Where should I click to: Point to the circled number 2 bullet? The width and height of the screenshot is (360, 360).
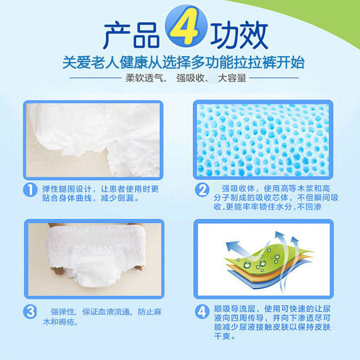click(202, 190)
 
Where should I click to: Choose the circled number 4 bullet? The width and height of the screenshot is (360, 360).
click(202, 312)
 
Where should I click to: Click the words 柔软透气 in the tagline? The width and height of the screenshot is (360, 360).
click(143, 78)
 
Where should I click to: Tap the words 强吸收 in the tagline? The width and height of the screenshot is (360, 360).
click(189, 78)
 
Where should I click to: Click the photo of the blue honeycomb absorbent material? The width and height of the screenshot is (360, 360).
click(263, 139)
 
